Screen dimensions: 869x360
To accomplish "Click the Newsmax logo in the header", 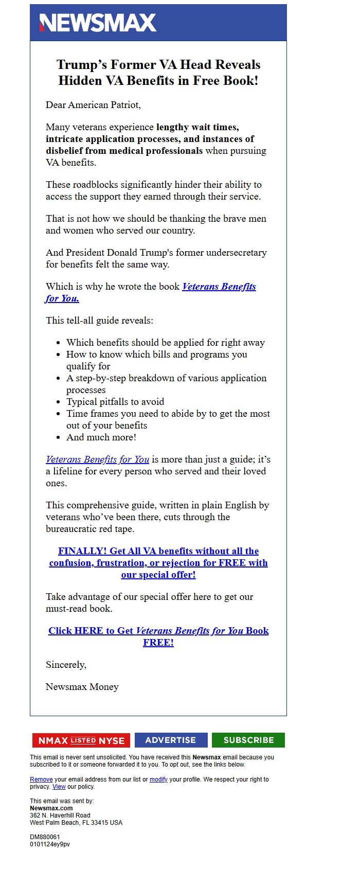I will click(98, 23).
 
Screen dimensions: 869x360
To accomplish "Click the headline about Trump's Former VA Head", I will click(158, 73).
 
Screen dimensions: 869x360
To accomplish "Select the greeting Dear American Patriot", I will click(93, 105).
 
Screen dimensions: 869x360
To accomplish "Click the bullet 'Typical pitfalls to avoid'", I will click(115, 402).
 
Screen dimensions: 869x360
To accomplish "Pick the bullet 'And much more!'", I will click(101, 437).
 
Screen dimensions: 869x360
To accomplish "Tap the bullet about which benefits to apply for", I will click(166, 343).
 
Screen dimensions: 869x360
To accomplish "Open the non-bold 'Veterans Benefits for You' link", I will click(97, 459).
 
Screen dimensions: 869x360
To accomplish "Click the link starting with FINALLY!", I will click(158, 563).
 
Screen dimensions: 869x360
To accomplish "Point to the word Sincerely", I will click(66, 665).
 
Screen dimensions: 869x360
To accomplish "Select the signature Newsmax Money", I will click(82, 687).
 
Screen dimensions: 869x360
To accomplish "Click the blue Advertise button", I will click(171, 740).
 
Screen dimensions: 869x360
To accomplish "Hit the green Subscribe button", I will click(248, 740).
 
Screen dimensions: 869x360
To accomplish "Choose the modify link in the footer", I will click(158, 779).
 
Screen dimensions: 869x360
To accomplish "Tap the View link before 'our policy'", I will click(59, 787).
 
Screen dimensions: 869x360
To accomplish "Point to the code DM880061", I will click(45, 837).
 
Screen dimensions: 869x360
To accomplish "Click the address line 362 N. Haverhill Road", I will click(60, 815).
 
